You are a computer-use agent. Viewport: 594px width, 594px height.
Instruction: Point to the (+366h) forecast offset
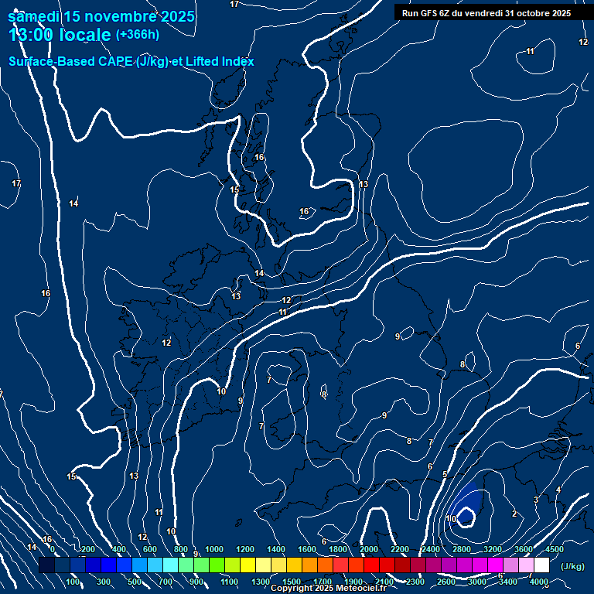138,35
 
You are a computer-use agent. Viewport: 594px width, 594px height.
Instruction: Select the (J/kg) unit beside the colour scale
572,566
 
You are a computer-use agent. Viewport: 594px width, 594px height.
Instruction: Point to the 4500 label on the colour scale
554,549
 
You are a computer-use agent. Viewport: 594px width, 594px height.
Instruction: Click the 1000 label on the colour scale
214,549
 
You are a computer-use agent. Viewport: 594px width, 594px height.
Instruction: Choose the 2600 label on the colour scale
446,582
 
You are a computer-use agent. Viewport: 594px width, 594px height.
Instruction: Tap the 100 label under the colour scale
73,582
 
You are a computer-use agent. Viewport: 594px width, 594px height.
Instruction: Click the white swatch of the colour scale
541,565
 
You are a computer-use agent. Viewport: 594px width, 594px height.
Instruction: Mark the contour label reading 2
514,514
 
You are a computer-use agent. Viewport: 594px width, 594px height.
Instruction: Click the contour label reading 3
535,500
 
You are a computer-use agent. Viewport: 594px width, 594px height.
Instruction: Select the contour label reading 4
558,489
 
